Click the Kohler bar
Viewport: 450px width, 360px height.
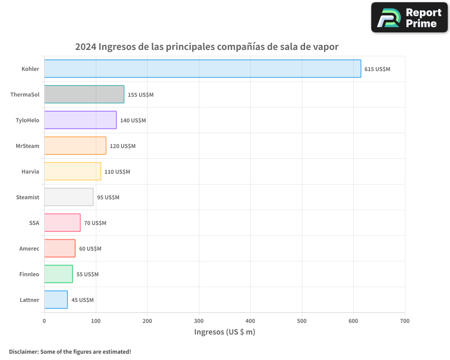point(202,69)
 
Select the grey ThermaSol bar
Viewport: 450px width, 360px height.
point(84,94)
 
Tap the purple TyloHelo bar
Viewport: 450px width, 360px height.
point(80,120)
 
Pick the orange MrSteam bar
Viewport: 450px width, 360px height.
point(75,146)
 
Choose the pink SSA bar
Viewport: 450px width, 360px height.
point(62,223)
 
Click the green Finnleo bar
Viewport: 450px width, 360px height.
point(58,274)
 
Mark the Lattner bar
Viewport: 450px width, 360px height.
point(56,300)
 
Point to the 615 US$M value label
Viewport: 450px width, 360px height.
point(377,69)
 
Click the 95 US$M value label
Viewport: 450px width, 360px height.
point(108,198)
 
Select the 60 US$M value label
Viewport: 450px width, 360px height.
point(90,249)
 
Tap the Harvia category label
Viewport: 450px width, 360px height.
point(30,171)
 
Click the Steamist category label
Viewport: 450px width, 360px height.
point(27,197)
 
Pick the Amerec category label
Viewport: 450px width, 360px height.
point(29,248)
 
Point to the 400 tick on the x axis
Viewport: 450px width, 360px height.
point(251,321)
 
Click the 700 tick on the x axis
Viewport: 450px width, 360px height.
point(405,321)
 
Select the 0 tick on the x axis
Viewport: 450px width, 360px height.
point(44,321)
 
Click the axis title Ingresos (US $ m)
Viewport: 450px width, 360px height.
point(225,332)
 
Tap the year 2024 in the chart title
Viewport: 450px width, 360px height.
point(85,47)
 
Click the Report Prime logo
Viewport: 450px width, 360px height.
point(409,18)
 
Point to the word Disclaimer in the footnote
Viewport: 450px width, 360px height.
point(23,351)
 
